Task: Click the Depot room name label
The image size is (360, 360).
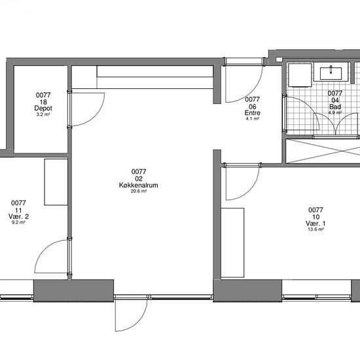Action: tap(43, 108)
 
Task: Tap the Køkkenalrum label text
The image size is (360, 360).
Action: tap(139, 185)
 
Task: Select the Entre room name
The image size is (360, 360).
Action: tap(252, 113)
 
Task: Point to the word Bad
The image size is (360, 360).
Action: tap(335, 107)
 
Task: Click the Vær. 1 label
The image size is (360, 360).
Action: tap(315, 223)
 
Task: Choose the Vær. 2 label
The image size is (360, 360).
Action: tap(18, 216)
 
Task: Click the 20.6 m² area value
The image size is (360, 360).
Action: tap(139, 191)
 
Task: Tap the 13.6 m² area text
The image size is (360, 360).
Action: tap(315, 229)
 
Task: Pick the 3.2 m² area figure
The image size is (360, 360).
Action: tap(43, 115)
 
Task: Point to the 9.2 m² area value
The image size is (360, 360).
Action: tap(18, 223)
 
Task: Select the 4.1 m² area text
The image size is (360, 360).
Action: tap(252, 118)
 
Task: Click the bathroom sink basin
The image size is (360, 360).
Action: tap(331, 73)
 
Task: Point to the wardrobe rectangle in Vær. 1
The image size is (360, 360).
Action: tap(232, 243)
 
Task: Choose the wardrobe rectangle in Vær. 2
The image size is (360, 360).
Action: tap(56, 182)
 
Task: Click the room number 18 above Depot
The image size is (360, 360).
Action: tap(43, 101)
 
